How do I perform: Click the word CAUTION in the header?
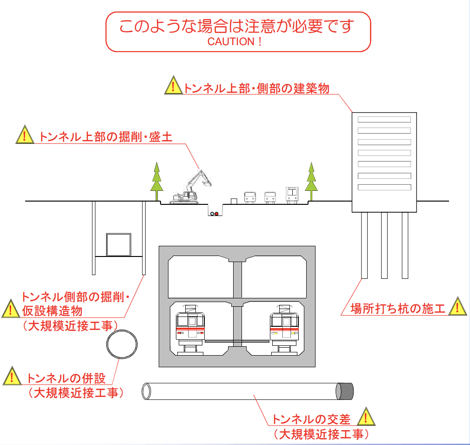pyautogui.click(x=230, y=41)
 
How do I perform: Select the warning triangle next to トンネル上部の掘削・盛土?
pyautogui.click(x=24, y=135)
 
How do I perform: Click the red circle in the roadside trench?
pyautogui.click(x=216, y=214)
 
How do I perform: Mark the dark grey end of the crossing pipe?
pyautogui.click(x=345, y=391)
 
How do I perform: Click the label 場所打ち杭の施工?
pyautogui.click(x=398, y=308)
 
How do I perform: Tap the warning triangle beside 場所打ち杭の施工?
pyautogui.click(x=458, y=307)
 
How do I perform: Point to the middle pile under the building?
pyautogui.click(x=384, y=245)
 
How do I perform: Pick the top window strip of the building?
pyautogui.click(x=384, y=120)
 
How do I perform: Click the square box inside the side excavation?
pyautogui.click(x=118, y=244)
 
